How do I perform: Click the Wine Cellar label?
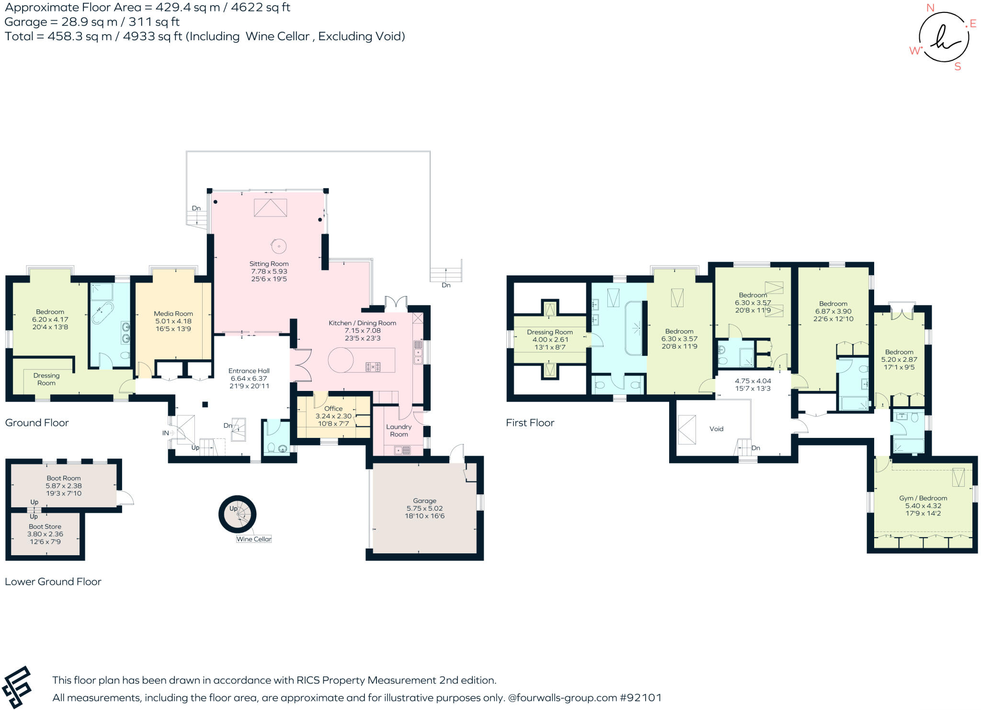[x=254, y=539]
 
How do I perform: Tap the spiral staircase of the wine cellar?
[x=238, y=514]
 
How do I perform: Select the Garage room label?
[x=424, y=501]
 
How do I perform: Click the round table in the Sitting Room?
[x=279, y=246]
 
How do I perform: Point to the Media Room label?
[x=173, y=314]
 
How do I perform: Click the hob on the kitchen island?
[x=373, y=367]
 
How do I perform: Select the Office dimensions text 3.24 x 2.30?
[x=333, y=416]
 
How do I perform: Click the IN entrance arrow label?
[x=165, y=433]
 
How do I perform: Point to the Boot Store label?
[x=45, y=527]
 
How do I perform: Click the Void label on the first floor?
[x=716, y=429]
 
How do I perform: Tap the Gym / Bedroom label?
[x=923, y=498]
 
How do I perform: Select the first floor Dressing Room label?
[x=550, y=332]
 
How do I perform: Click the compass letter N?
[x=930, y=8]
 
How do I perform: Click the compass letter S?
[x=958, y=67]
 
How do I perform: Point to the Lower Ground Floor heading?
[x=53, y=582]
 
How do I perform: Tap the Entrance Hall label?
[x=249, y=371]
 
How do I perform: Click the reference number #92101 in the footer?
[x=640, y=698]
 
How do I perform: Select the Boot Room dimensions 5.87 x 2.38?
[x=64, y=486]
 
